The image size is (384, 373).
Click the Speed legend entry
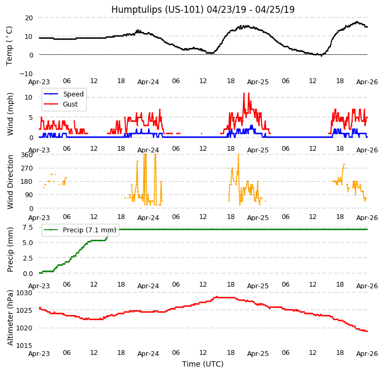(x=73, y=94)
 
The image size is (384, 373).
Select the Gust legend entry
(x=70, y=104)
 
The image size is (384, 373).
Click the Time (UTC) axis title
(x=203, y=364)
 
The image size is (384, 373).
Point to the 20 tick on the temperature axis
(x=28, y=18)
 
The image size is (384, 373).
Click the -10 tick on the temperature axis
(x=27, y=74)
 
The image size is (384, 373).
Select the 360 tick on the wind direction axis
(x=26, y=155)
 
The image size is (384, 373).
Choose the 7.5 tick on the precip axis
(x=27, y=227)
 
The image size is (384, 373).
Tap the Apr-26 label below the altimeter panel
(x=367, y=353)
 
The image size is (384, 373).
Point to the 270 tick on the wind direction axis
(x=26, y=168)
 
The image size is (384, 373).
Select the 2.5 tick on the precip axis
(x=27, y=258)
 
